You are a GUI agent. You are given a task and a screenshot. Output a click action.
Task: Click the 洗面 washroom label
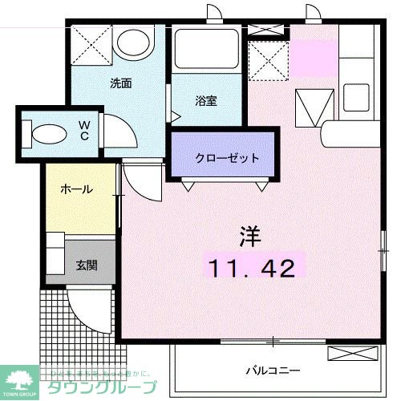[121, 83]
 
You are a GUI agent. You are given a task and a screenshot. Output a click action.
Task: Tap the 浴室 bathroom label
[206, 102]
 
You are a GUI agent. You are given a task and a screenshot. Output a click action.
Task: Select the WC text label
[84, 130]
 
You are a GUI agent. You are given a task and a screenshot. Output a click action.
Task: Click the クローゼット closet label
[228, 158]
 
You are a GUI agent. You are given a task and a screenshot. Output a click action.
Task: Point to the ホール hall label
[76, 190]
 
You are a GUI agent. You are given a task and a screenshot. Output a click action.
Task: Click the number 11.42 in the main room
[252, 268]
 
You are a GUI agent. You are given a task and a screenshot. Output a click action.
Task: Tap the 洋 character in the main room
[249, 237]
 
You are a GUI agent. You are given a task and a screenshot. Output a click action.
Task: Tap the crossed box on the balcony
[347, 354]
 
